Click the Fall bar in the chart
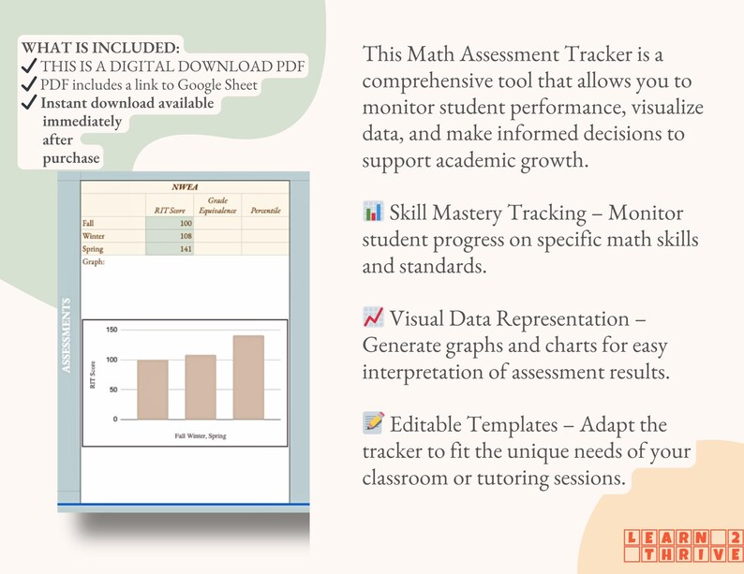point(153,390)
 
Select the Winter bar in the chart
point(201,387)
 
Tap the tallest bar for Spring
point(248,376)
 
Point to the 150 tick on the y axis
point(112,330)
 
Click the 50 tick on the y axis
point(113,390)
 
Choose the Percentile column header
point(265,211)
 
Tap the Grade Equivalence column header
point(216,206)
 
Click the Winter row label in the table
point(95,237)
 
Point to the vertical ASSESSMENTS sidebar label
point(67,336)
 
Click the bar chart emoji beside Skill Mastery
point(372,213)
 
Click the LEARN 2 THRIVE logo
point(679,545)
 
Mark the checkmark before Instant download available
point(29,103)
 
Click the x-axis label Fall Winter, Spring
point(201,436)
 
